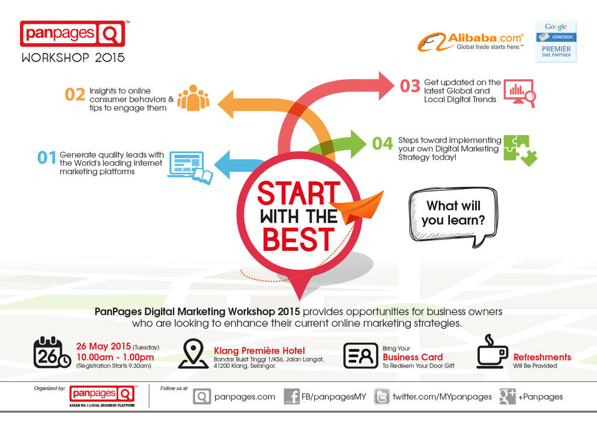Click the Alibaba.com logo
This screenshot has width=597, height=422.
click(x=471, y=41)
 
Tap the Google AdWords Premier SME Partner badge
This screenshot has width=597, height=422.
click(x=556, y=41)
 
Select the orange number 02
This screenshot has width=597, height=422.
click(x=75, y=94)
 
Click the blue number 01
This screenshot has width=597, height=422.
click(x=47, y=157)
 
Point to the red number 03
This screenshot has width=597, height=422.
click(x=410, y=86)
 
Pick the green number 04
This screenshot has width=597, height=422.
click(x=382, y=143)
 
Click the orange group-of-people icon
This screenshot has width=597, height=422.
click(x=193, y=98)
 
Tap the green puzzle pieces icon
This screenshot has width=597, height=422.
click(x=520, y=150)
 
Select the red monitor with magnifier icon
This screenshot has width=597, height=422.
click(x=520, y=93)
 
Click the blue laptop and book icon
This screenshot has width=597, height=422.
click(x=190, y=167)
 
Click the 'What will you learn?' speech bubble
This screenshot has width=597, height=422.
click(x=453, y=217)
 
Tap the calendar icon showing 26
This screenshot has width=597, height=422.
click(x=52, y=352)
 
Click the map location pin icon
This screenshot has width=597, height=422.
click(x=193, y=354)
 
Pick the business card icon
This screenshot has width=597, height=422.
click(x=360, y=356)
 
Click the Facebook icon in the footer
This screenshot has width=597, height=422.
click(x=292, y=397)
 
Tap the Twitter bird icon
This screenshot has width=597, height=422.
click(x=381, y=397)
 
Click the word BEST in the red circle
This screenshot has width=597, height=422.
click(x=298, y=240)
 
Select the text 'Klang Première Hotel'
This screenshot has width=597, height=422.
click(x=259, y=351)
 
